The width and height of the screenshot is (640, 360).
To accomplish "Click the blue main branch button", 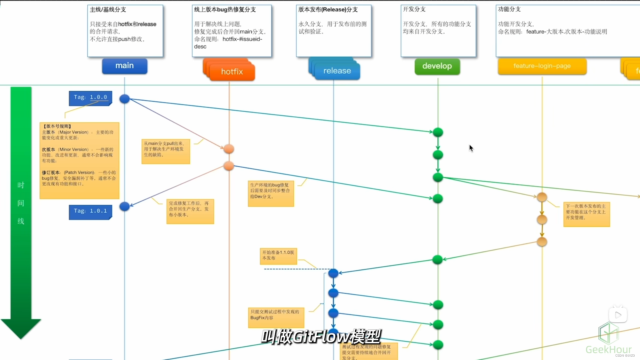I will click(x=125, y=66).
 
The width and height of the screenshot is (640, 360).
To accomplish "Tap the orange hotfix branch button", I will click(x=232, y=72).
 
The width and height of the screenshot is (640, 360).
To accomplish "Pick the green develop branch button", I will click(x=437, y=66).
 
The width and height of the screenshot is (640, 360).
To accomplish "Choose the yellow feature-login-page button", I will click(x=542, y=66).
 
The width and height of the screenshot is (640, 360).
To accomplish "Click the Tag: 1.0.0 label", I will click(x=90, y=97).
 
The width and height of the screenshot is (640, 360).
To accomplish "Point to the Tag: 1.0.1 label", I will click(x=90, y=211).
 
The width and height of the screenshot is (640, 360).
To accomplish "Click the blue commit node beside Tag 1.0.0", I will click(x=124, y=99).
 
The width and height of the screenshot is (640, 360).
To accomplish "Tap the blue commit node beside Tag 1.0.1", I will click(x=124, y=206).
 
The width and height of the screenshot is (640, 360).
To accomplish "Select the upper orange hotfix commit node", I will click(x=229, y=149).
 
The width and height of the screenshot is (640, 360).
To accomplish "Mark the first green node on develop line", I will click(x=438, y=132).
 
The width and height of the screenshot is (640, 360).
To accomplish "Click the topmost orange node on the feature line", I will click(x=542, y=197).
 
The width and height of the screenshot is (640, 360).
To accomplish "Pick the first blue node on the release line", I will click(x=333, y=273).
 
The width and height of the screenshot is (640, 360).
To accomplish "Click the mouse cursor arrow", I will click(x=471, y=148).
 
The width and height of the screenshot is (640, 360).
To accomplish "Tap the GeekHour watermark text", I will click(x=608, y=349).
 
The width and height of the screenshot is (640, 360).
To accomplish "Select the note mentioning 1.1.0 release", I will click(x=278, y=256).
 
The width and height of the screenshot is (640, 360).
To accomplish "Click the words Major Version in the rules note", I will click(x=74, y=132).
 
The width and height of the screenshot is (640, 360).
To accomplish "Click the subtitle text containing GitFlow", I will click(x=321, y=337).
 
